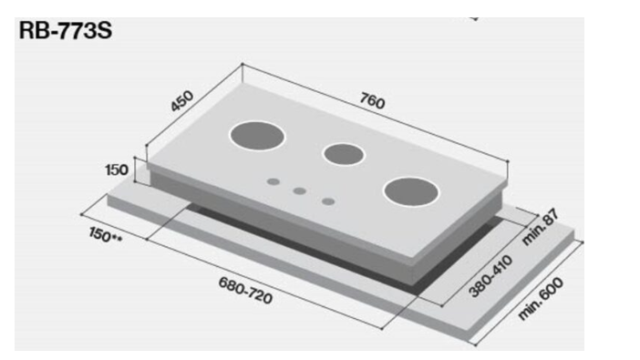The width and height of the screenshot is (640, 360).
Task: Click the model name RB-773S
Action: coord(66,31)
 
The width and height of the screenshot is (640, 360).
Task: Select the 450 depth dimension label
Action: coord(181,101)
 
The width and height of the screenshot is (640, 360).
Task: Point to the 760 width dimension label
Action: coord(372,101)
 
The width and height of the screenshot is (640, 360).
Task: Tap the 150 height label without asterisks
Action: coord(117,170)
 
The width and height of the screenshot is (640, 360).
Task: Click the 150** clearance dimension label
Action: coord(105,235)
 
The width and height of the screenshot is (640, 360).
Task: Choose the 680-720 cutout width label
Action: coord(245,291)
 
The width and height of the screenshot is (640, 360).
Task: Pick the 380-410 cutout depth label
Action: coord(490,276)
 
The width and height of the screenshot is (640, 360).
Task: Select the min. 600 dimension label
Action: coord(541,298)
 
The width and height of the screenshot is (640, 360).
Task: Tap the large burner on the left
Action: coord(257,136)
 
